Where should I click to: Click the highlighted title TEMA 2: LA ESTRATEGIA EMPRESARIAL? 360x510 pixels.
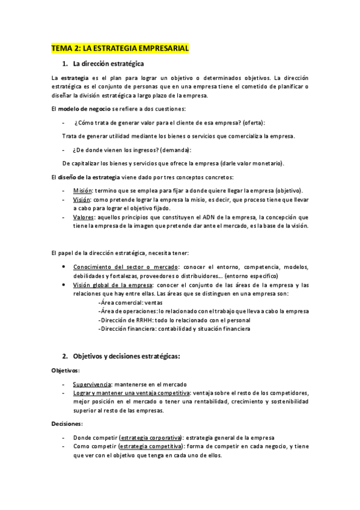tap(120, 48)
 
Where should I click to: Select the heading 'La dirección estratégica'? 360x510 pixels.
tap(108, 63)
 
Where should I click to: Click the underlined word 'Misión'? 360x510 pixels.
tap(82, 190)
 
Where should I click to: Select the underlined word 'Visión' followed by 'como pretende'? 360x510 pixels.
tap(82, 199)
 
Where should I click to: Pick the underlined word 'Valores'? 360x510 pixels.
tap(84, 217)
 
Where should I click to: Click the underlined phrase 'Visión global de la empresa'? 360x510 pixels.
tap(112, 285)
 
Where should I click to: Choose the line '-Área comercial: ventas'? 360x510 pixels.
tap(129, 303)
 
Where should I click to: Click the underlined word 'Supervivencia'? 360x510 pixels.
tap(92, 384)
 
